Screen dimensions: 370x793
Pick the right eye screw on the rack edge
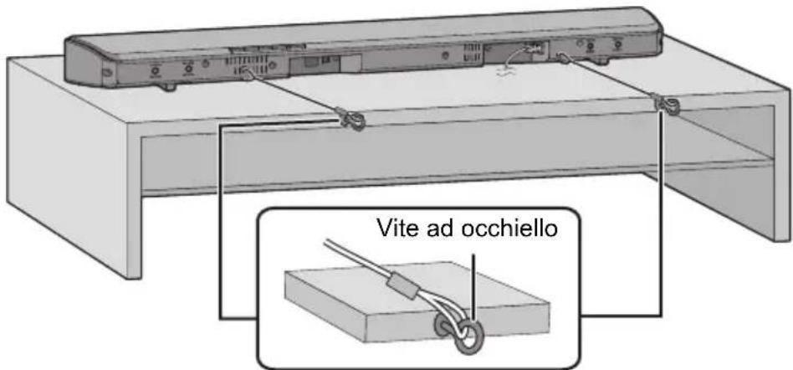(x=667, y=105)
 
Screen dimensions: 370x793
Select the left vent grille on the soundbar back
(x=243, y=63)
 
